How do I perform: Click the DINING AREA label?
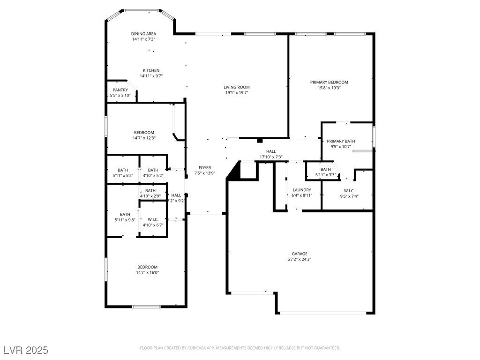[x=143, y=34]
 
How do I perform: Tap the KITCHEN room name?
[x=151, y=70]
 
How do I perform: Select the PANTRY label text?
[x=120, y=90]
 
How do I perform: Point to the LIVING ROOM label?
[x=236, y=87]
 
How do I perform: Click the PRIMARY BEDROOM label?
[x=329, y=82]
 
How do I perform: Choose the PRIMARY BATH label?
[x=341, y=141]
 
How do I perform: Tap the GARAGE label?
[x=300, y=254]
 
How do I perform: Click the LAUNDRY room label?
[x=301, y=190]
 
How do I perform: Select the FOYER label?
[x=205, y=167]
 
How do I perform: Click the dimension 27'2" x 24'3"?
[x=300, y=259]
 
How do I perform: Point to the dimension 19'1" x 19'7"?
[x=236, y=93]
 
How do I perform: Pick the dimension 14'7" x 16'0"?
[x=147, y=272]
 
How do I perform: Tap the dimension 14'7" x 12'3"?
[x=143, y=138]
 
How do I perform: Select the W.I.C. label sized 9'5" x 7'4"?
[x=349, y=190]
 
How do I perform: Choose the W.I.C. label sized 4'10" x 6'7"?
[x=153, y=219]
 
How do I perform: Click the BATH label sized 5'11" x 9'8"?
[x=125, y=214]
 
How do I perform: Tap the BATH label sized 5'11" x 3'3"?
[x=326, y=169]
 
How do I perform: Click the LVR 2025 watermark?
[x=26, y=350]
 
